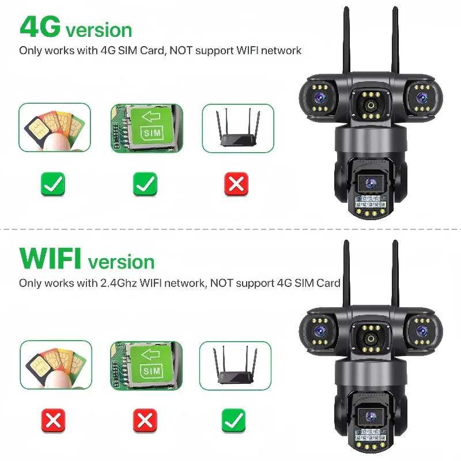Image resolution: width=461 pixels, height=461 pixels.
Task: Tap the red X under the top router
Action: click(x=236, y=184)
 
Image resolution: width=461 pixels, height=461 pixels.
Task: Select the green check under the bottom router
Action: click(x=233, y=421)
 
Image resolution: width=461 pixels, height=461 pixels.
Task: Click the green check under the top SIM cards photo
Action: click(x=53, y=184)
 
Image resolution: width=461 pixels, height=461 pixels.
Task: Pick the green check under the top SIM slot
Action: click(x=145, y=184)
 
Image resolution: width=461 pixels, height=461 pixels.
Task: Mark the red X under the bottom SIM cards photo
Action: click(x=53, y=421)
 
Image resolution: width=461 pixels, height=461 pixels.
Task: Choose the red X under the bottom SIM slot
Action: click(x=145, y=421)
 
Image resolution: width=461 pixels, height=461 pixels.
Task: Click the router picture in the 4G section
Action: click(x=237, y=128)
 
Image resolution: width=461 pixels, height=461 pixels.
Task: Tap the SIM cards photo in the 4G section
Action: click(x=55, y=128)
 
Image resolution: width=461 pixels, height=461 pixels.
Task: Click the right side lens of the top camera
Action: click(x=422, y=96)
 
